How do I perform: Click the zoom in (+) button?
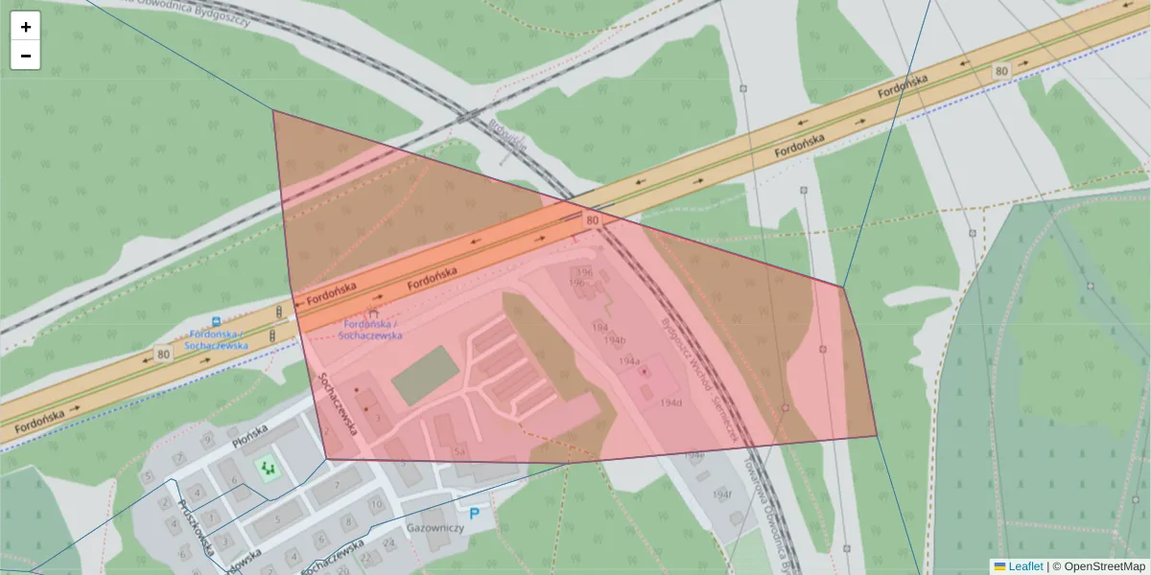pyautogui.click(x=25, y=27)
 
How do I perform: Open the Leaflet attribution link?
pyautogui.click(x=1024, y=566)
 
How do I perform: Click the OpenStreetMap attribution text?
pyautogui.click(x=1103, y=566)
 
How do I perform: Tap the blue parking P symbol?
pyautogui.click(x=474, y=515)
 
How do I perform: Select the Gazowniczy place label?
pyautogui.click(x=435, y=528)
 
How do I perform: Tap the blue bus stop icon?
pyautogui.click(x=217, y=322)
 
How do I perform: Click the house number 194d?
pyautogui.click(x=670, y=403)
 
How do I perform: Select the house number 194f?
pyautogui.click(x=722, y=494)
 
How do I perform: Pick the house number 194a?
pyautogui.click(x=629, y=361)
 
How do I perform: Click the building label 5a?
pyautogui.click(x=459, y=451)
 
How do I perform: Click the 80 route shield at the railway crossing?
pyautogui.click(x=593, y=220)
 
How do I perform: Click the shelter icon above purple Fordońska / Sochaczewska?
pyautogui.click(x=373, y=312)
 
